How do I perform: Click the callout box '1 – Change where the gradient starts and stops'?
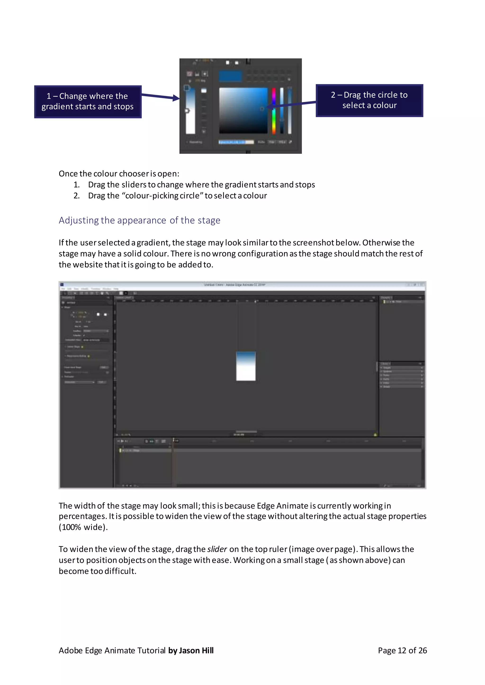pos(87,102)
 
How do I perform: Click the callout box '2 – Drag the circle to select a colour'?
pos(369,101)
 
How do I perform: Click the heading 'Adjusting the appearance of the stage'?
pos(139,220)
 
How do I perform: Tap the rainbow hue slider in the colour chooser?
pos(274,111)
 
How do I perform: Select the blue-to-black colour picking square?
pos(243,110)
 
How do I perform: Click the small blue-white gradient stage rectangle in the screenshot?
pos(246,366)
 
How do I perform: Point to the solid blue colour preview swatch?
pos(230,76)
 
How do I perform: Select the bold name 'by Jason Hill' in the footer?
pos(191,650)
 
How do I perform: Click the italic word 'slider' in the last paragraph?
pos(217,549)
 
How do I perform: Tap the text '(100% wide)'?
pos(83,527)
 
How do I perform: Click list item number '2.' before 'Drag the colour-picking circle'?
pos(76,196)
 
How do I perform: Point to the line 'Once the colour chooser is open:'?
pos(119,174)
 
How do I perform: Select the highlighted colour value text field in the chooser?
pos(236,142)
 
